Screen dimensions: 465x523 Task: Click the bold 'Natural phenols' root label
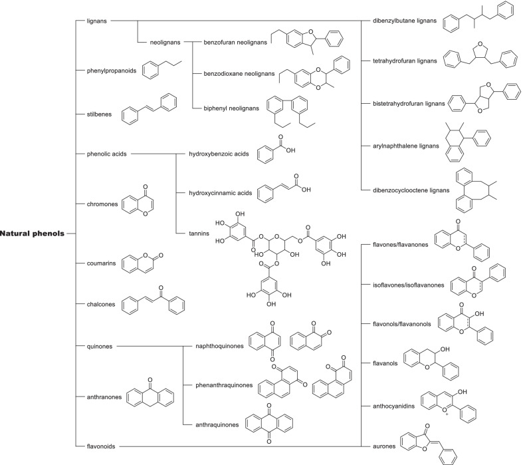pyautogui.click(x=33, y=233)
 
